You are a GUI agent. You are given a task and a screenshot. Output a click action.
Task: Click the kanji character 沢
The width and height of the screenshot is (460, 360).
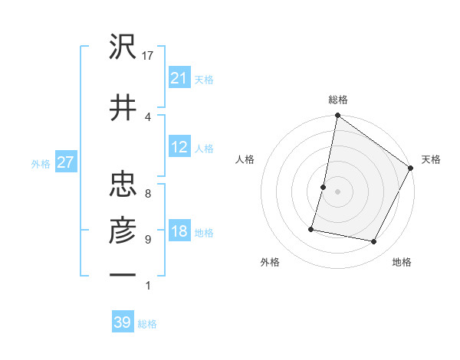[x=123, y=49]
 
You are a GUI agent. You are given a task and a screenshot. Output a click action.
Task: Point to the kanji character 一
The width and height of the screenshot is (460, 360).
[x=123, y=273]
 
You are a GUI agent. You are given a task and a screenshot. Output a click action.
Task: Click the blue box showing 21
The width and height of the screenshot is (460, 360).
[x=179, y=78]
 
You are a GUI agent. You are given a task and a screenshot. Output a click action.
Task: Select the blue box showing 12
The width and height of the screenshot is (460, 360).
[x=179, y=147]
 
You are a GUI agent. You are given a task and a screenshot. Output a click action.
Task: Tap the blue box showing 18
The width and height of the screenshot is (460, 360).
[x=179, y=232]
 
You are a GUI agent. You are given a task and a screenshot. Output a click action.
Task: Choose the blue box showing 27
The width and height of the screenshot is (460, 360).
[x=66, y=162]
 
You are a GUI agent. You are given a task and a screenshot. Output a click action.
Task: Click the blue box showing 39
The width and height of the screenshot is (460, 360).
[x=122, y=322]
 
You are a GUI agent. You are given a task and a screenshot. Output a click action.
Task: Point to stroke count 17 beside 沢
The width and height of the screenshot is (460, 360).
[x=149, y=55]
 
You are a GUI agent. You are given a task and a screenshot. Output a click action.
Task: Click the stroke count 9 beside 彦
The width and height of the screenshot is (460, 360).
[x=147, y=240]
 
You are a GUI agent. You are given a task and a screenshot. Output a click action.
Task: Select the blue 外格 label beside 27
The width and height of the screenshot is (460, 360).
[x=41, y=163]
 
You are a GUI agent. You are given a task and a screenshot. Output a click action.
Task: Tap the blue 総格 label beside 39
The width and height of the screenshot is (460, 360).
[x=147, y=324]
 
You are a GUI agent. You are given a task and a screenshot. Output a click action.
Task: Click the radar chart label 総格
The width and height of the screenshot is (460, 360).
[x=338, y=100]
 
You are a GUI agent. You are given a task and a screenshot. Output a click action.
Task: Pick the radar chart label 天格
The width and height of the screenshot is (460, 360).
[x=431, y=159]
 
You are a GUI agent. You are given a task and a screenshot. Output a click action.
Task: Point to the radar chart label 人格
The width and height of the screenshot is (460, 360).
[x=245, y=159]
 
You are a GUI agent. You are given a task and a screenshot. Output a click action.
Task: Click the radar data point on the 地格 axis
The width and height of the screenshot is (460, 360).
[x=374, y=242]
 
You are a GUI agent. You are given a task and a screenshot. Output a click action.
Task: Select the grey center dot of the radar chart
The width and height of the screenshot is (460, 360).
[x=337, y=191]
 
